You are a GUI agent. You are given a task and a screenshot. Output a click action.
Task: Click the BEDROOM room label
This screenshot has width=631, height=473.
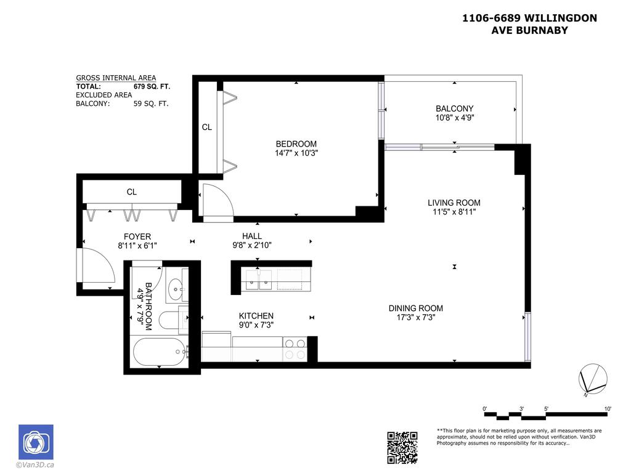(x=296, y=144)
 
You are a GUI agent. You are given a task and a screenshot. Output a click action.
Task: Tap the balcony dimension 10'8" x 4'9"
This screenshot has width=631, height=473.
(x=454, y=118)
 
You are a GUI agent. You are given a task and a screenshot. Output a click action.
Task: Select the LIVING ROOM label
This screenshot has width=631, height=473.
(x=454, y=203)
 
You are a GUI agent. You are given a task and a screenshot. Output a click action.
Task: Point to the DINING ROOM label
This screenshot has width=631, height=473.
(x=415, y=309)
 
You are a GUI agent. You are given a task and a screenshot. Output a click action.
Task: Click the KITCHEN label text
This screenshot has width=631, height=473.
(x=255, y=316)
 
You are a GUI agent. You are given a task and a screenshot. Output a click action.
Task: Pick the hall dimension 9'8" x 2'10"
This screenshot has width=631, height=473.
(x=251, y=245)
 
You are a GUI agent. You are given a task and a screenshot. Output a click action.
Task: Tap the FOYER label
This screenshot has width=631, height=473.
(x=137, y=236)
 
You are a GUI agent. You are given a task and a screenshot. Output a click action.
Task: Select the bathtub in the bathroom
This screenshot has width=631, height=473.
(x=158, y=352)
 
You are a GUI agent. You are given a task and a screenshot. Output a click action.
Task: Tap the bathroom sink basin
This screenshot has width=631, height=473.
(x=176, y=286)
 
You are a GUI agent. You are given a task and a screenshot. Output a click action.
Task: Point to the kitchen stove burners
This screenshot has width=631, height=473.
(x=295, y=349)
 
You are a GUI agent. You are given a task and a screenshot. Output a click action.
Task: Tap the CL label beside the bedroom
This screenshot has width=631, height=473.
(x=207, y=127)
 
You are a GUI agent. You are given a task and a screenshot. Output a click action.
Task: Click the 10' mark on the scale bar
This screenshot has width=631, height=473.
(x=608, y=408)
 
